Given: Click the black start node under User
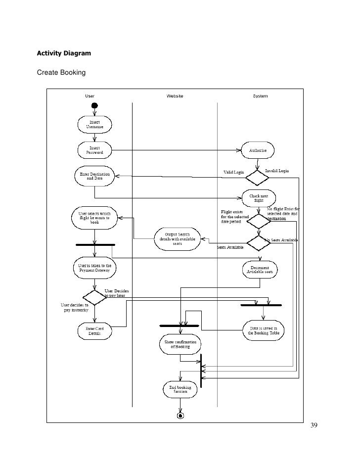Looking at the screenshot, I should coord(94,105).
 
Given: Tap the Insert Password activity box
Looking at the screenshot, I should coord(94,150).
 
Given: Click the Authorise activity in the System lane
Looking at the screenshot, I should coord(258,150).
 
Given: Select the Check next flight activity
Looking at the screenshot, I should coord(258,198).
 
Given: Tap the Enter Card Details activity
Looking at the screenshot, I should coord(94,331).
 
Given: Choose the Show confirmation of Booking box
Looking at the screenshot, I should coord(180,344).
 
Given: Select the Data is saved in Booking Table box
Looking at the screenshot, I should coord(263,330).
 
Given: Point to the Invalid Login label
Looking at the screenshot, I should coord(277,171).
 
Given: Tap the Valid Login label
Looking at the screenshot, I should coord(234,172).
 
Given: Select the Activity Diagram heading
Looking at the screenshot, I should coord(63,52).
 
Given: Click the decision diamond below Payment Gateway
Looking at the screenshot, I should coord(94,297).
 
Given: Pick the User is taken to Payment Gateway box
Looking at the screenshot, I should coord(95,268).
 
